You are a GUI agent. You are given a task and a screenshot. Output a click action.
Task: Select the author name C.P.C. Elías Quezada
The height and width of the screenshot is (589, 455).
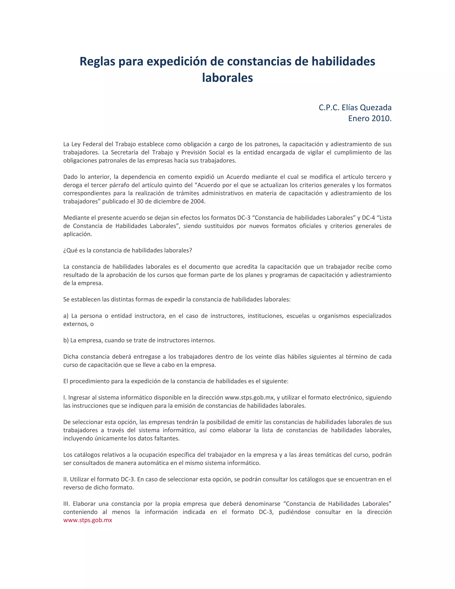click(x=355, y=107)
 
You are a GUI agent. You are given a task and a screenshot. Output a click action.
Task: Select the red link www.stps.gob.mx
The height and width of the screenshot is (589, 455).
click(x=88, y=520)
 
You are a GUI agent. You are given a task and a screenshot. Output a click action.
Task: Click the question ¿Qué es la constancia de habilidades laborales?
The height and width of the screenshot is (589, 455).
click(x=128, y=250)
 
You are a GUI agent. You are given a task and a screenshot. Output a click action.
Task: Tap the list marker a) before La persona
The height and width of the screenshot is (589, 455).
click(x=66, y=316)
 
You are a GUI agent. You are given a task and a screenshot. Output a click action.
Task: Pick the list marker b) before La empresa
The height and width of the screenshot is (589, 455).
click(x=66, y=340)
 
